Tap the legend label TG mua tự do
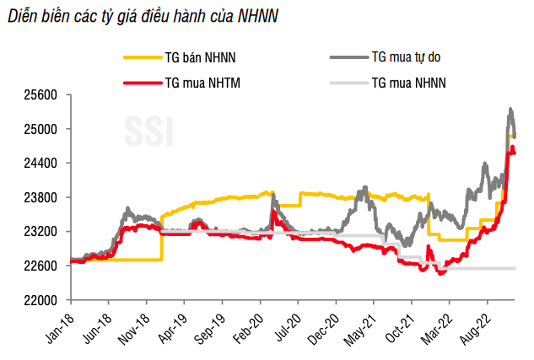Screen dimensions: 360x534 click(407, 57)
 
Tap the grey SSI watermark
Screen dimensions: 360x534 click(150, 132)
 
